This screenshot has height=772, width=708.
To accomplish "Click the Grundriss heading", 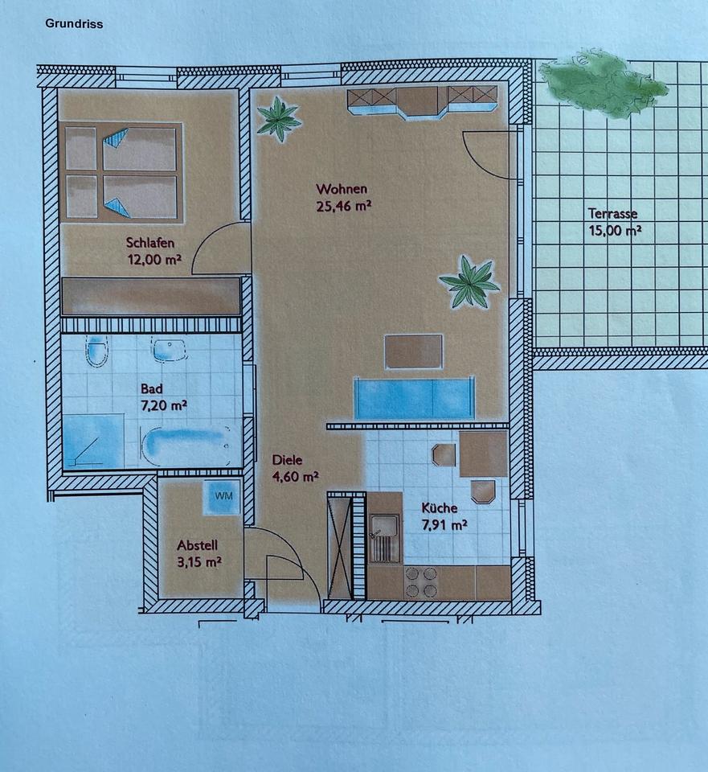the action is pyautogui.click(x=74, y=23).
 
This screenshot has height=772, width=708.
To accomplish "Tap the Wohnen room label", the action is pyautogui.click(x=342, y=189).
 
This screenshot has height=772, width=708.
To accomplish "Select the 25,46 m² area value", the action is pyautogui.click(x=343, y=206).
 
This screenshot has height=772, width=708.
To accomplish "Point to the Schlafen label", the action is pyautogui.click(x=150, y=243).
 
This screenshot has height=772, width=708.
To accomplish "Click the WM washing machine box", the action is pyautogui.click(x=222, y=497).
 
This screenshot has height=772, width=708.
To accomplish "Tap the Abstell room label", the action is pyautogui.click(x=197, y=545).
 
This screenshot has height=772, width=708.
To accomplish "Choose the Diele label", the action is pyautogui.click(x=288, y=460).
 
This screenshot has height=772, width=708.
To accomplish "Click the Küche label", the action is pyautogui.click(x=440, y=508).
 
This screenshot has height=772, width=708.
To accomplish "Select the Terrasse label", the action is pyautogui.click(x=612, y=214).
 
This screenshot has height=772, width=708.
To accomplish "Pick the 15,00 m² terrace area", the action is pyautogui.click(x=615, y=231).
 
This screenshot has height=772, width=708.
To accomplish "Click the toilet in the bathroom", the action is pyautogui.click(x=97, y=351).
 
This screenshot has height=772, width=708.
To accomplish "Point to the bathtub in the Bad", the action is pyautogui.click(x=186, y=446).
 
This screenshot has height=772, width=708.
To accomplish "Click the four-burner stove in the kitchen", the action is pyautogui.click(x=420, y=582).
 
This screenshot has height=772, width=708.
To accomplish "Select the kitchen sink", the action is pyautogui.click(x=384, y=538).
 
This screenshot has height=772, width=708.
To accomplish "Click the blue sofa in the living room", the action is pyautogui.click(x=414, y=398).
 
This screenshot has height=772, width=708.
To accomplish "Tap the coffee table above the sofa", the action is pyautogui.click(x=414, y=351).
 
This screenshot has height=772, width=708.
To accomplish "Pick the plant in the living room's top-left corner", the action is pyautogui.click(x=279, y=119).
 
